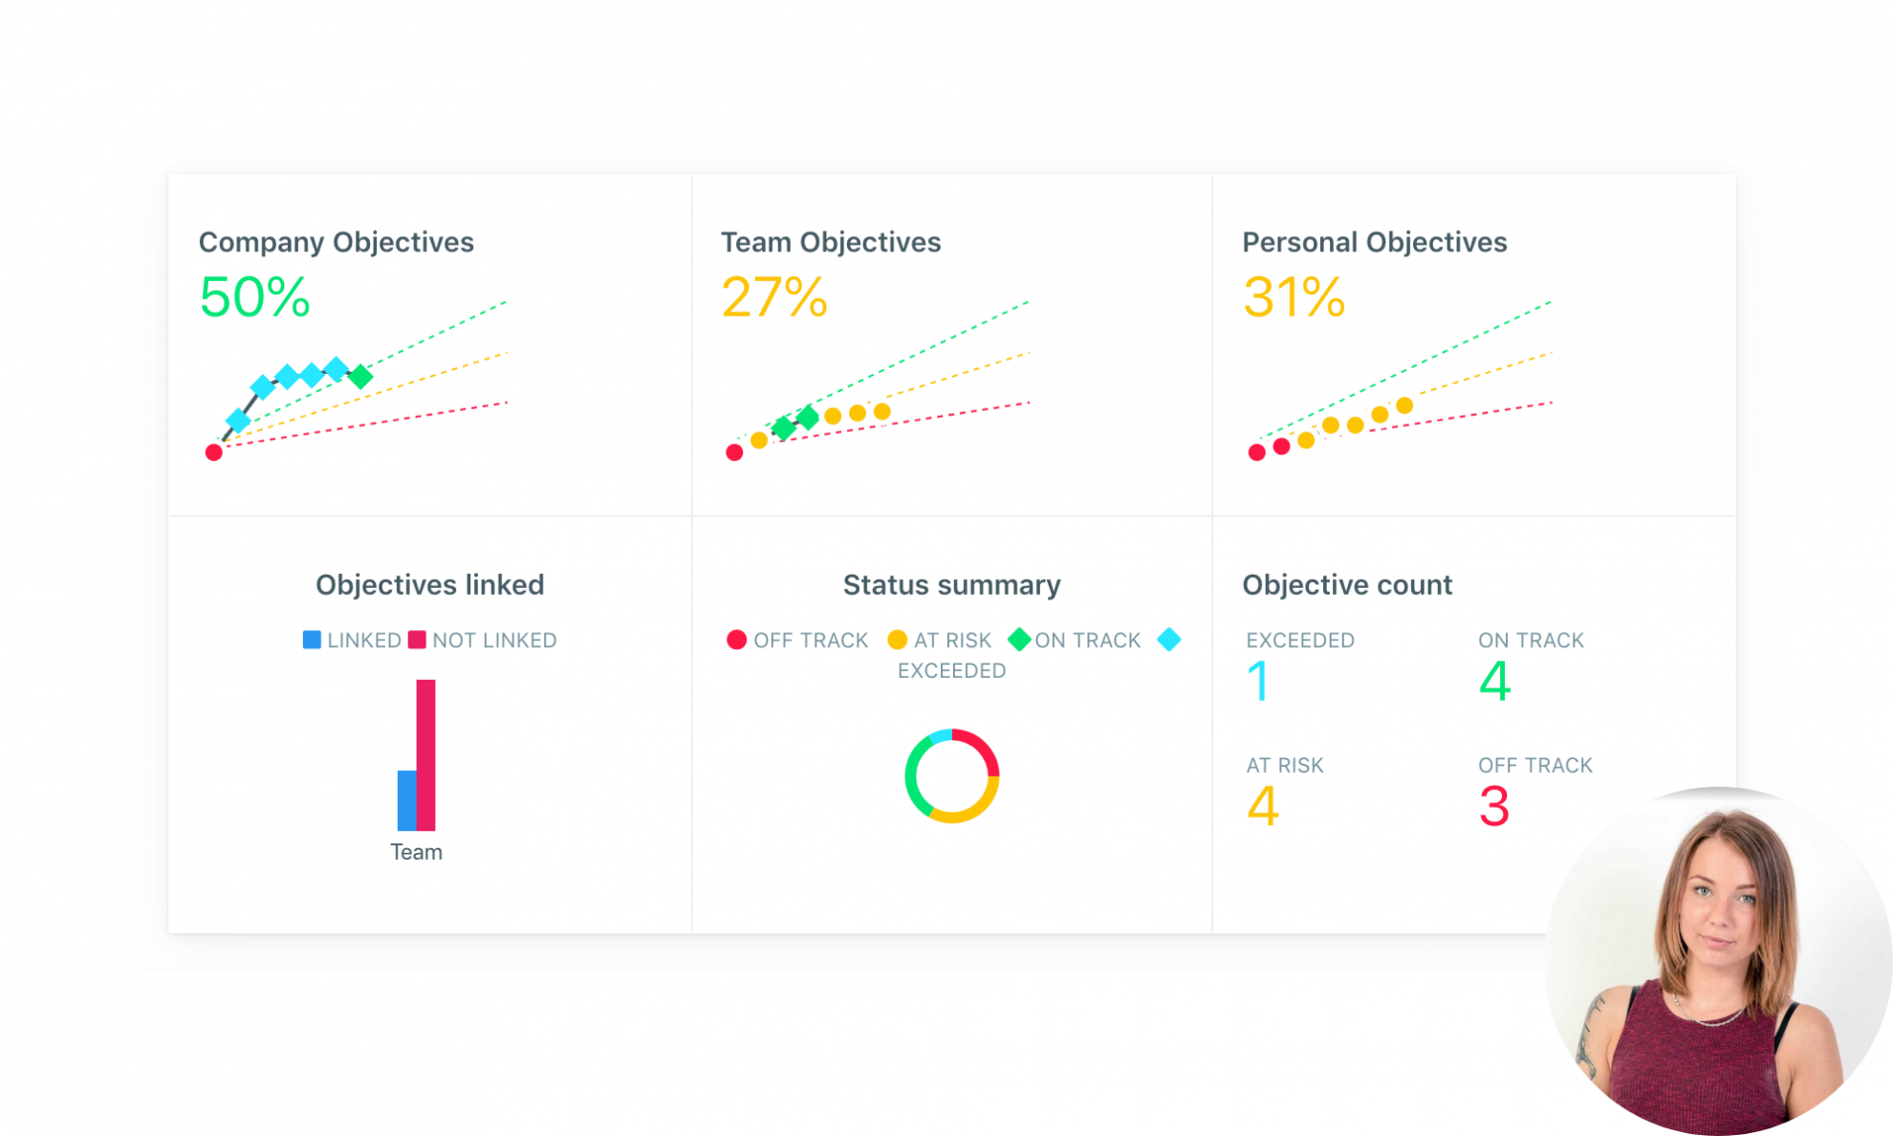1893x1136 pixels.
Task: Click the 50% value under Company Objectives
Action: [x=254, y=296]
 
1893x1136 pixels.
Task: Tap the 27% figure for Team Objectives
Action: [x=774, y=296]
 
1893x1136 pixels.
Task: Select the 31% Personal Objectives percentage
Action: [x=1295, y=296]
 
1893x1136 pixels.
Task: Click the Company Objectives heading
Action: [x=336, y=242]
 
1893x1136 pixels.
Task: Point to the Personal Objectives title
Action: [x=1374, y=242]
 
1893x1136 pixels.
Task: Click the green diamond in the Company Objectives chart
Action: [x=360, y=377]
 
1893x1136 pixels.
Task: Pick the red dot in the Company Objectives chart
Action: [x=214, y=452]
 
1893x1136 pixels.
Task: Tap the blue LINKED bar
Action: [x=406, y=799]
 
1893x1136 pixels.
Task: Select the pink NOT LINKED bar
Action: [x=426, y=754]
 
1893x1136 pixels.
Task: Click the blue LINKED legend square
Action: [x=312, y=640]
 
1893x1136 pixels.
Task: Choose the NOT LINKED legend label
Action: [x=493, y=641]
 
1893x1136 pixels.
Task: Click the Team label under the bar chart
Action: [x=416, y=852]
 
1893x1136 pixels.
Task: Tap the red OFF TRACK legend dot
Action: [x=736, y=640]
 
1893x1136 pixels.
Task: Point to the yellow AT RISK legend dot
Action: [x=897, y=640]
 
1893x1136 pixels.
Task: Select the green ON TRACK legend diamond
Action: [x=1019, y=639]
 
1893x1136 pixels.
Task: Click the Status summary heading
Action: [x=951, y=584]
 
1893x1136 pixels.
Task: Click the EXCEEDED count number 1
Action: [x=1258, y=682]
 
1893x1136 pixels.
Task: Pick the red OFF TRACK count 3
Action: [x=1494, y=806]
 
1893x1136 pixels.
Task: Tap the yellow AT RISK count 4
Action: [x=1263, y=806]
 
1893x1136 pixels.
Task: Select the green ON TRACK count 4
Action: [x=1494, y=682]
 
